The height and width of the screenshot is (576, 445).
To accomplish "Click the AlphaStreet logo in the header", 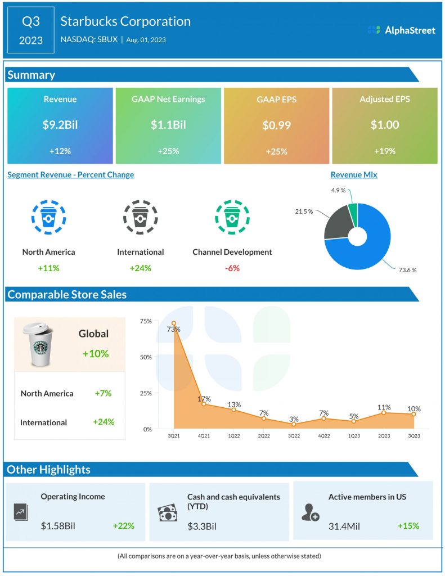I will pos(401,30).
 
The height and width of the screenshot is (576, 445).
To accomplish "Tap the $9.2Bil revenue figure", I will pos(60,125).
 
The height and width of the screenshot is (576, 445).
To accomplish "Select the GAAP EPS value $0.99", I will pos(276,125).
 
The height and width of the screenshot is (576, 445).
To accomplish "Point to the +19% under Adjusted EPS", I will pos(384,151).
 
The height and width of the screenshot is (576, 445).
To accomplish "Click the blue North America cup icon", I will pos(48,216).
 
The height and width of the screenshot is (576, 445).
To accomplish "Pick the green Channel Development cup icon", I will pos(232,216).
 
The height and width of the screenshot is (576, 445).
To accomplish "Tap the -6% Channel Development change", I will pos(232,268).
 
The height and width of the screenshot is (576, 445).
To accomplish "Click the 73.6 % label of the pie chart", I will pos(407,270).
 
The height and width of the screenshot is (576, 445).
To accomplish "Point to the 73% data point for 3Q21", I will pos(174,323).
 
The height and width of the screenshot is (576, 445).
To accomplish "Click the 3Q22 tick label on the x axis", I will pos(294,436).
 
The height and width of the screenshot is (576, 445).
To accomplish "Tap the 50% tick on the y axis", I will pos(145,357).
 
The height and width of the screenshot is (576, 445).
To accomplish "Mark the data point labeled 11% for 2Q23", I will pos(384,412).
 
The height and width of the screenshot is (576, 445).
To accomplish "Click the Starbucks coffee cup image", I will pos(40,344).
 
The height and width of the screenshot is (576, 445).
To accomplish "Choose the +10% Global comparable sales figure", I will pos(95,354).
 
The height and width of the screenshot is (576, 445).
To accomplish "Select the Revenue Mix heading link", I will pos(354,175).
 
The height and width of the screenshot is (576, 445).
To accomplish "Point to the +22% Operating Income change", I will pos(123,526).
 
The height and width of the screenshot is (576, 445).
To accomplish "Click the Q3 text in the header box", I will pos(31,21).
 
